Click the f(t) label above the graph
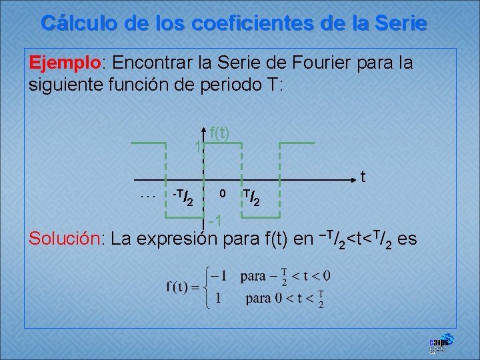pos(219,133)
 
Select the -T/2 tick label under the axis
pos(183,197)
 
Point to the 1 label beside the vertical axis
pos(197,147)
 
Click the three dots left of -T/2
pos(148,195)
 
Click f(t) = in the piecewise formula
pos(183,287)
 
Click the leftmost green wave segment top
pos(148,143)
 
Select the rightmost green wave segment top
pos(296,143)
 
